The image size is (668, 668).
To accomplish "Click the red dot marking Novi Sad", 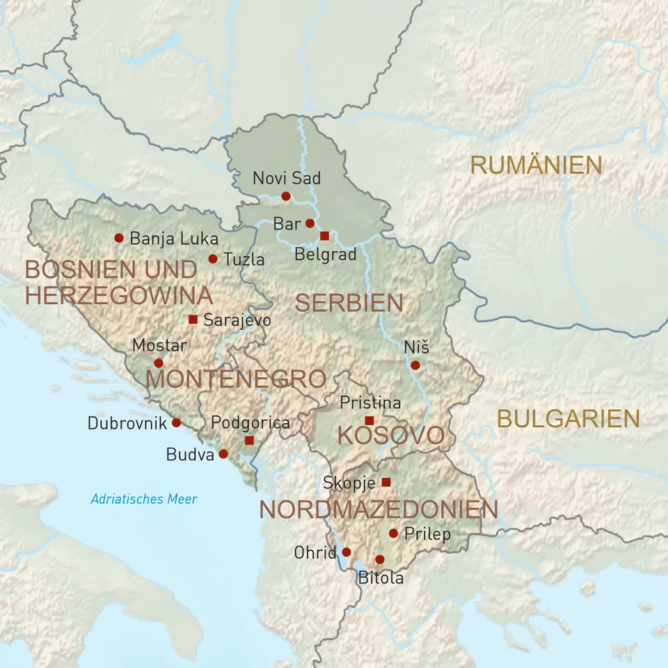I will (x=285, y=196).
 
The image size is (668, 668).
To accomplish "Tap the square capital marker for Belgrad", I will (x=324, y=235).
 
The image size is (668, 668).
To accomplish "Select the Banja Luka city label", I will (x=164, y=239).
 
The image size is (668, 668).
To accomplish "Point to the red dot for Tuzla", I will (x=213, y=259).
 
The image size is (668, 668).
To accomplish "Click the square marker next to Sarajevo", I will (x=193, y=319).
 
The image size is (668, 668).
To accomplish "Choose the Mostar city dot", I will (x=159, y=363).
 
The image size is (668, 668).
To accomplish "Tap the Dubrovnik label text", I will (x=127, y=422).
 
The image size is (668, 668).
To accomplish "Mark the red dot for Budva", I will (x=223, y=454).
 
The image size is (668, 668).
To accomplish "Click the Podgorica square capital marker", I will (x=249, y=440).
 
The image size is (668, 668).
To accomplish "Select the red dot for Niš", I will (x=415, y=365).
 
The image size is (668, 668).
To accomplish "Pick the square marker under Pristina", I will (x=369, y=420).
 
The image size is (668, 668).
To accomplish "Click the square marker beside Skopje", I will (x=386, y=482).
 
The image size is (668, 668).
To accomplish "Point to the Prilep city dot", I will (x=393, y=533).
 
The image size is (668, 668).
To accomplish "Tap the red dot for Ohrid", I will (x=347, y=552).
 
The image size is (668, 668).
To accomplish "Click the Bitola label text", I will (x=381, y=578).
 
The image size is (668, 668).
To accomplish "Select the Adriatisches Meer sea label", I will (x=144, y=499).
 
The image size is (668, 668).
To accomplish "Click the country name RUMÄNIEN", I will (x=536, y=166).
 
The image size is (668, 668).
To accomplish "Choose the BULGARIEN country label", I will (x=568, y=418).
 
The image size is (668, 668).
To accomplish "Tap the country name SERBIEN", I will (x=349, y=303).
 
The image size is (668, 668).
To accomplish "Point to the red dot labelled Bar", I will (x=310, y=223).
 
